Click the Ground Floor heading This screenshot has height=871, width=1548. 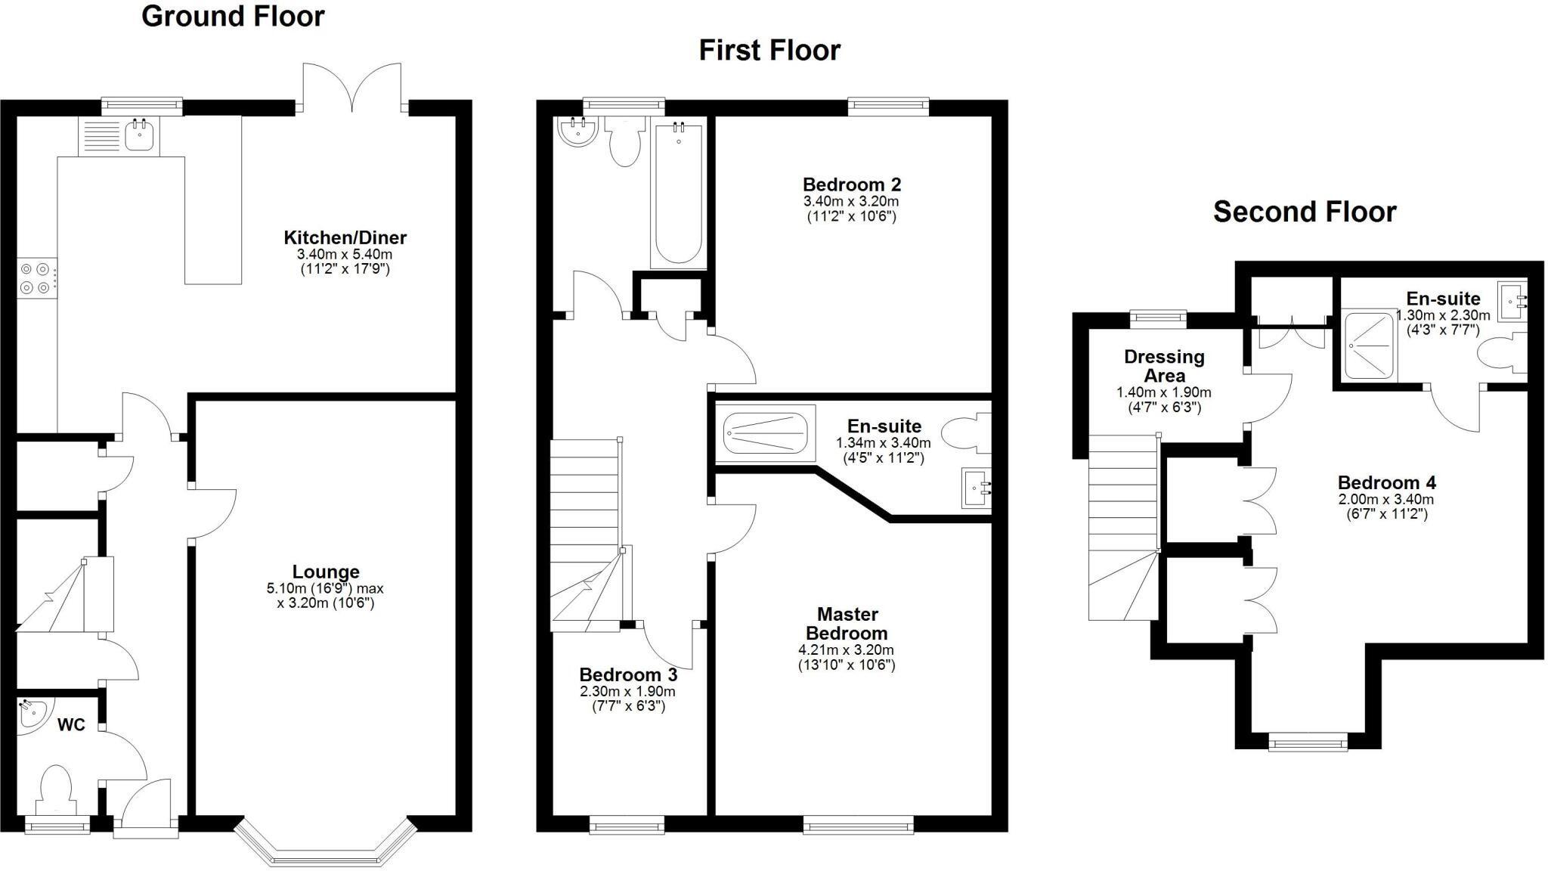tap(233, 17)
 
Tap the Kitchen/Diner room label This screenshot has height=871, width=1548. tap(345, 237)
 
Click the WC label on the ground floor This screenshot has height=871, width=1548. tap(71, 725)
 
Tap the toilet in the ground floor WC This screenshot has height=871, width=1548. tap(56, 787)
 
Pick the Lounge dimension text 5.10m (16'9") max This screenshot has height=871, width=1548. tap(325, 588)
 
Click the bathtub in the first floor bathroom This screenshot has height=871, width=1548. tap(678, 194)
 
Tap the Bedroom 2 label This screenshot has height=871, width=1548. tap(851, 184)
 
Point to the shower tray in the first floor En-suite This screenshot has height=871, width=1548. tap(765, 433)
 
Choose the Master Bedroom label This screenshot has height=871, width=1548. tap(847, 624)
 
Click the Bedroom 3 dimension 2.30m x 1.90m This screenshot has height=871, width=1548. tap(627, 692)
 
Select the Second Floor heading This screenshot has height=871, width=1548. tap(1304, 212)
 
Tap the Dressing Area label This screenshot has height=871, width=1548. tap(1164, 366)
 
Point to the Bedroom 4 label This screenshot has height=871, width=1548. tap(1386, 482)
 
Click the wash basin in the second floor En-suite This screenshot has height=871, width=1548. tap(1512, 301)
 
